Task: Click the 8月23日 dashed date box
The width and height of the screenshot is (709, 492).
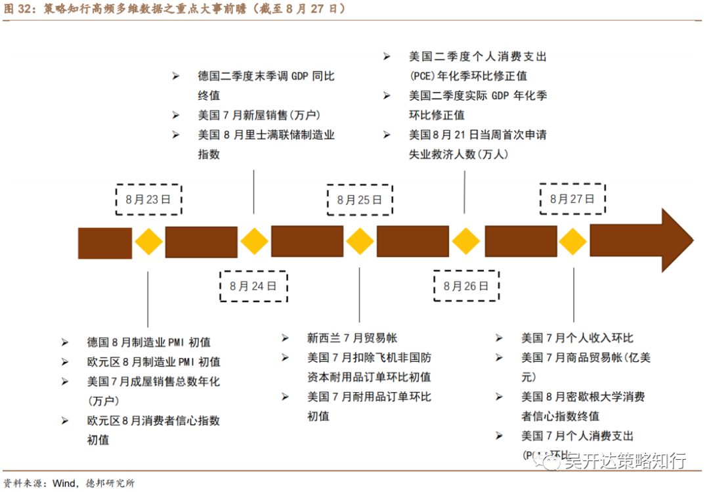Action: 148,200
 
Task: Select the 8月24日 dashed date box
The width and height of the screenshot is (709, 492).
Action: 253,286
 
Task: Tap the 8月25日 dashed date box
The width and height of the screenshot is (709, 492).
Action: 360,200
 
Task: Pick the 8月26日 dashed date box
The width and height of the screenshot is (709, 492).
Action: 466,286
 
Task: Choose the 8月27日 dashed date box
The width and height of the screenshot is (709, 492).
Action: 572,199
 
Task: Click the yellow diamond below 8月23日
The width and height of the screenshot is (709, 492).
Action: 149,242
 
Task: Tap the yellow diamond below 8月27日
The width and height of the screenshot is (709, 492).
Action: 572,242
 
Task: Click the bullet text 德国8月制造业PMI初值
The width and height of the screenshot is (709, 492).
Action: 149,342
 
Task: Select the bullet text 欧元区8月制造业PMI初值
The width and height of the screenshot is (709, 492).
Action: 154,362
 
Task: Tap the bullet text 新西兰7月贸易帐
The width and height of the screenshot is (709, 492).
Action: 352,338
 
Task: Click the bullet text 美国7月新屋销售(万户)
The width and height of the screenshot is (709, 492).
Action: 259,115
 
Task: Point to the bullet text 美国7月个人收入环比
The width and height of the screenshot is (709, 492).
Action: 577,338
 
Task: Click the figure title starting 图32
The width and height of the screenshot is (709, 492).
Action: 174,9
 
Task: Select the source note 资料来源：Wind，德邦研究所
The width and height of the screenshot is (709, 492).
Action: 69,483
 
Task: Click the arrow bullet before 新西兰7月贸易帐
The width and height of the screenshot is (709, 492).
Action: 285,338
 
